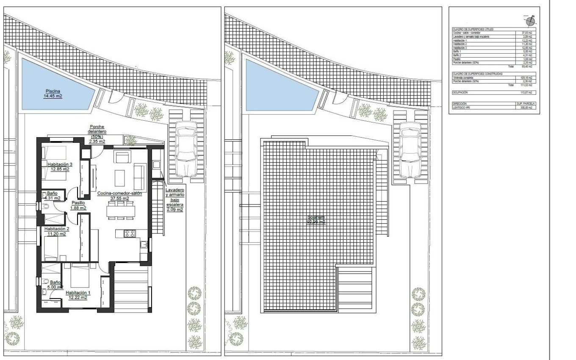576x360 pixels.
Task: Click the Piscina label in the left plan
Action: (53, 93)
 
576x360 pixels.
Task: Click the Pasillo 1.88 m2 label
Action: (79, 205)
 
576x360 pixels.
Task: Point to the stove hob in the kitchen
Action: (129, 233)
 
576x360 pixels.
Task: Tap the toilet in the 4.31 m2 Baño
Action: (46, 206)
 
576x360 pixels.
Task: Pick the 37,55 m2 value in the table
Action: (526, 32)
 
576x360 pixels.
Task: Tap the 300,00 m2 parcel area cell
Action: (526, 108)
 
